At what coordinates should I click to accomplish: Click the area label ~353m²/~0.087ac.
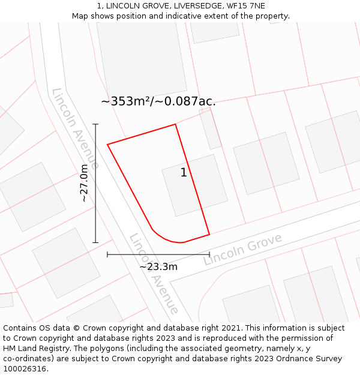click(158, 101)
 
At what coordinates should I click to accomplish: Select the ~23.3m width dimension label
click(158, 266)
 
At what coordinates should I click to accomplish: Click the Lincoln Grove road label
click(242, 250)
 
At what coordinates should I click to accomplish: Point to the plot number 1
click(184, 173)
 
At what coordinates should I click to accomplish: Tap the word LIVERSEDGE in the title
click(187, 5)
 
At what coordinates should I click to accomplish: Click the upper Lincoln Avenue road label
click(76, 128)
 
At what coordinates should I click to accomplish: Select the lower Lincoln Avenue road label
click(154, 274)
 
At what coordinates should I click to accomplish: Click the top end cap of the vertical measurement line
click(95, 124)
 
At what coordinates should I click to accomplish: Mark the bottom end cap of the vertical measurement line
click(95, 242)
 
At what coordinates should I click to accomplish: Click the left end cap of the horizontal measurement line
click(107, 254)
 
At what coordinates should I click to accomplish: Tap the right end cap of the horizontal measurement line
click(209, 254)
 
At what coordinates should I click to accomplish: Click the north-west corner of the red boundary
click(107, 144)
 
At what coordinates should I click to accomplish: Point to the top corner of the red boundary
click(175, 124)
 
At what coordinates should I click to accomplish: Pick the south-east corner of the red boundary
click(209, 234)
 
